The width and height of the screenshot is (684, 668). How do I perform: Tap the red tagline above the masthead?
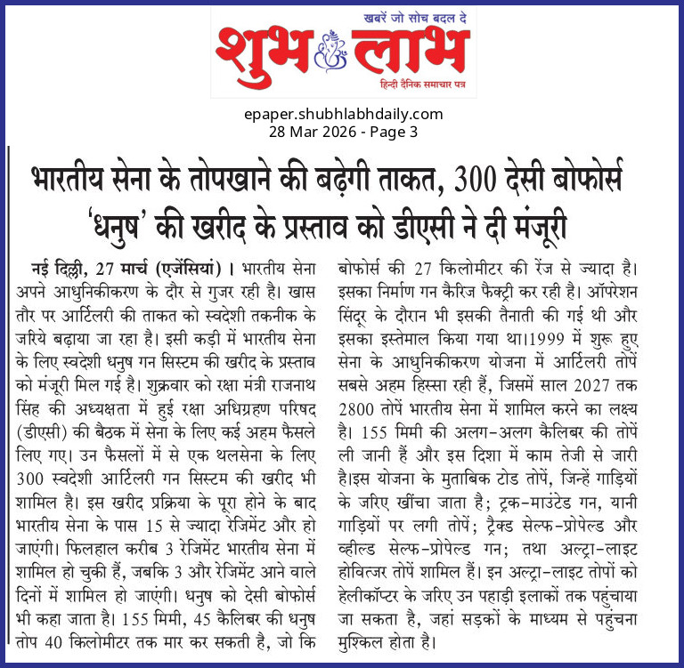click(x=414, y=18)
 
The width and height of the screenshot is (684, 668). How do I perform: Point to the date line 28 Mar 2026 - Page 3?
click(x=342, y=132)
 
